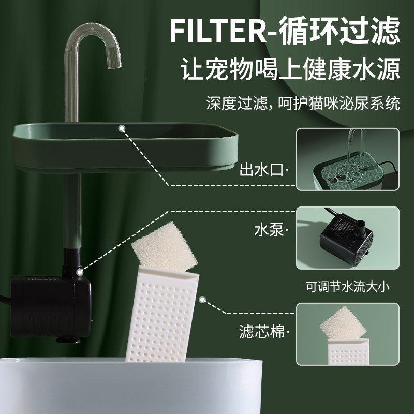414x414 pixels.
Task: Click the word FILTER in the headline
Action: (x=219, y=32)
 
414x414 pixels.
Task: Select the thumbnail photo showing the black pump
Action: (x=347, y=238)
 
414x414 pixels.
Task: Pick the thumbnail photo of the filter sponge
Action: (x=347, y=335)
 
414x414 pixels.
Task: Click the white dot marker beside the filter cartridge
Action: (x=203, y=300)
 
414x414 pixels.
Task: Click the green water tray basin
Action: (x=124, y=147)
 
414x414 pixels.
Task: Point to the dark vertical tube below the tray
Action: (x=72, y=212)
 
